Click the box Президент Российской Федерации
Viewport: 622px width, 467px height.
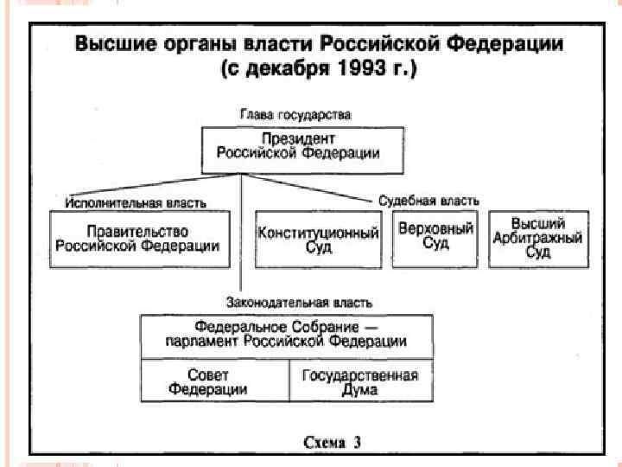tap(302, 149)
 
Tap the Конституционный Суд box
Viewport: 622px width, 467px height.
tap(319, 240)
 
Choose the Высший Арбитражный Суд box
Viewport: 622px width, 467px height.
tap(538, 238)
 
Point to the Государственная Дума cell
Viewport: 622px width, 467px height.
tap(360, 381)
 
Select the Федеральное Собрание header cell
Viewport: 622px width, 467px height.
tap(288, 335)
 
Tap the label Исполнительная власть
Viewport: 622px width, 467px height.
tap(136, 202)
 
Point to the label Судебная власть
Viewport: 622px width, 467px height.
tap(428, 200)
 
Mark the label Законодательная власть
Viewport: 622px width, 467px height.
tap(300, 303)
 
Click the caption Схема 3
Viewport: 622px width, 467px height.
tap(332, 442)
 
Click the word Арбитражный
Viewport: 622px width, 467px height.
tap(538, 238)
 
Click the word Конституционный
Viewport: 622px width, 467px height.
tap(319, 233)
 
